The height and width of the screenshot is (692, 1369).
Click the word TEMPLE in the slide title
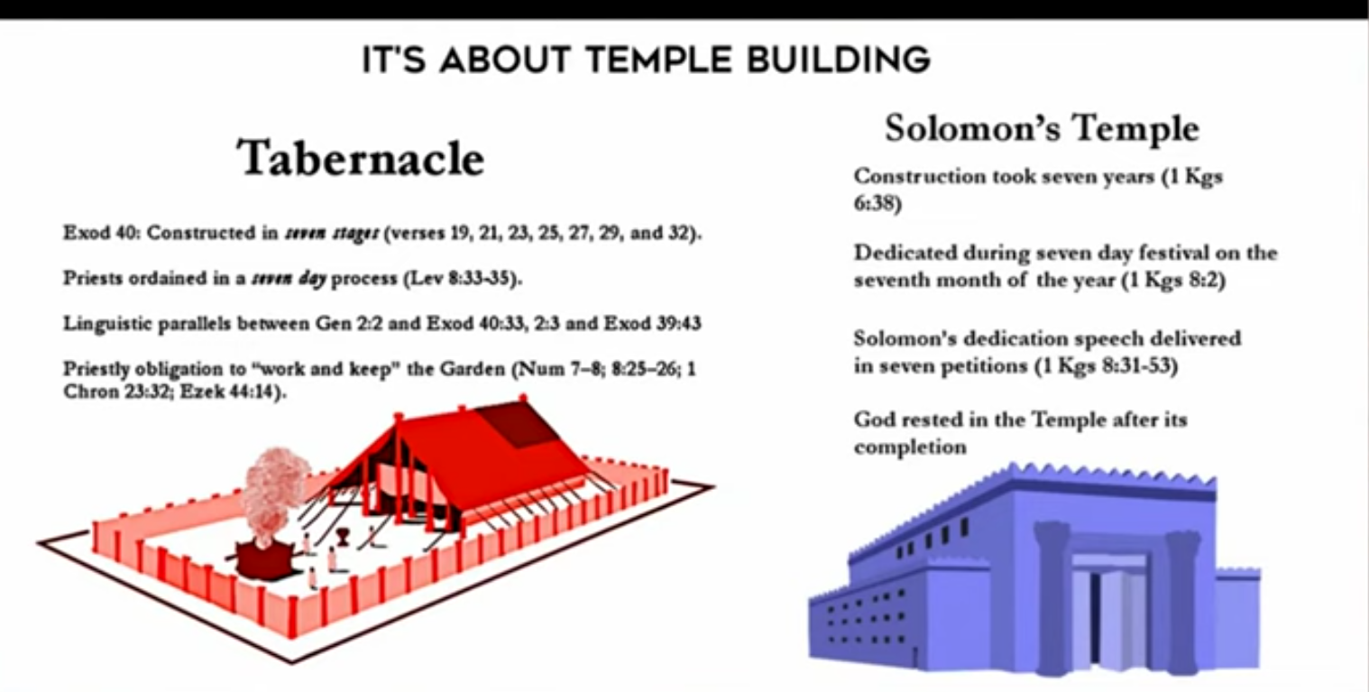(658, 60)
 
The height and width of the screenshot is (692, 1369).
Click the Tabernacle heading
(361, 158)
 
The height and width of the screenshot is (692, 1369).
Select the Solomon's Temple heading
(1042, 128)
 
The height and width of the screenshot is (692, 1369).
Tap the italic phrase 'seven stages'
(332, 234)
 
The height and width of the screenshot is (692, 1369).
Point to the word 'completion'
(910, 447)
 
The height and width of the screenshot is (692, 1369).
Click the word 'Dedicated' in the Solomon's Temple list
(905, 254)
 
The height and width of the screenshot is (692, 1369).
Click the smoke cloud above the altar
(273, 492)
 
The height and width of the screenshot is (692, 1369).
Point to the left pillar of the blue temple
(1053, 596)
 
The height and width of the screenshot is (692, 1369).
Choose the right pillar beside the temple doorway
(1182, 602)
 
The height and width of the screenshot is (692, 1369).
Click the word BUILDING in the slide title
(838, 60)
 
